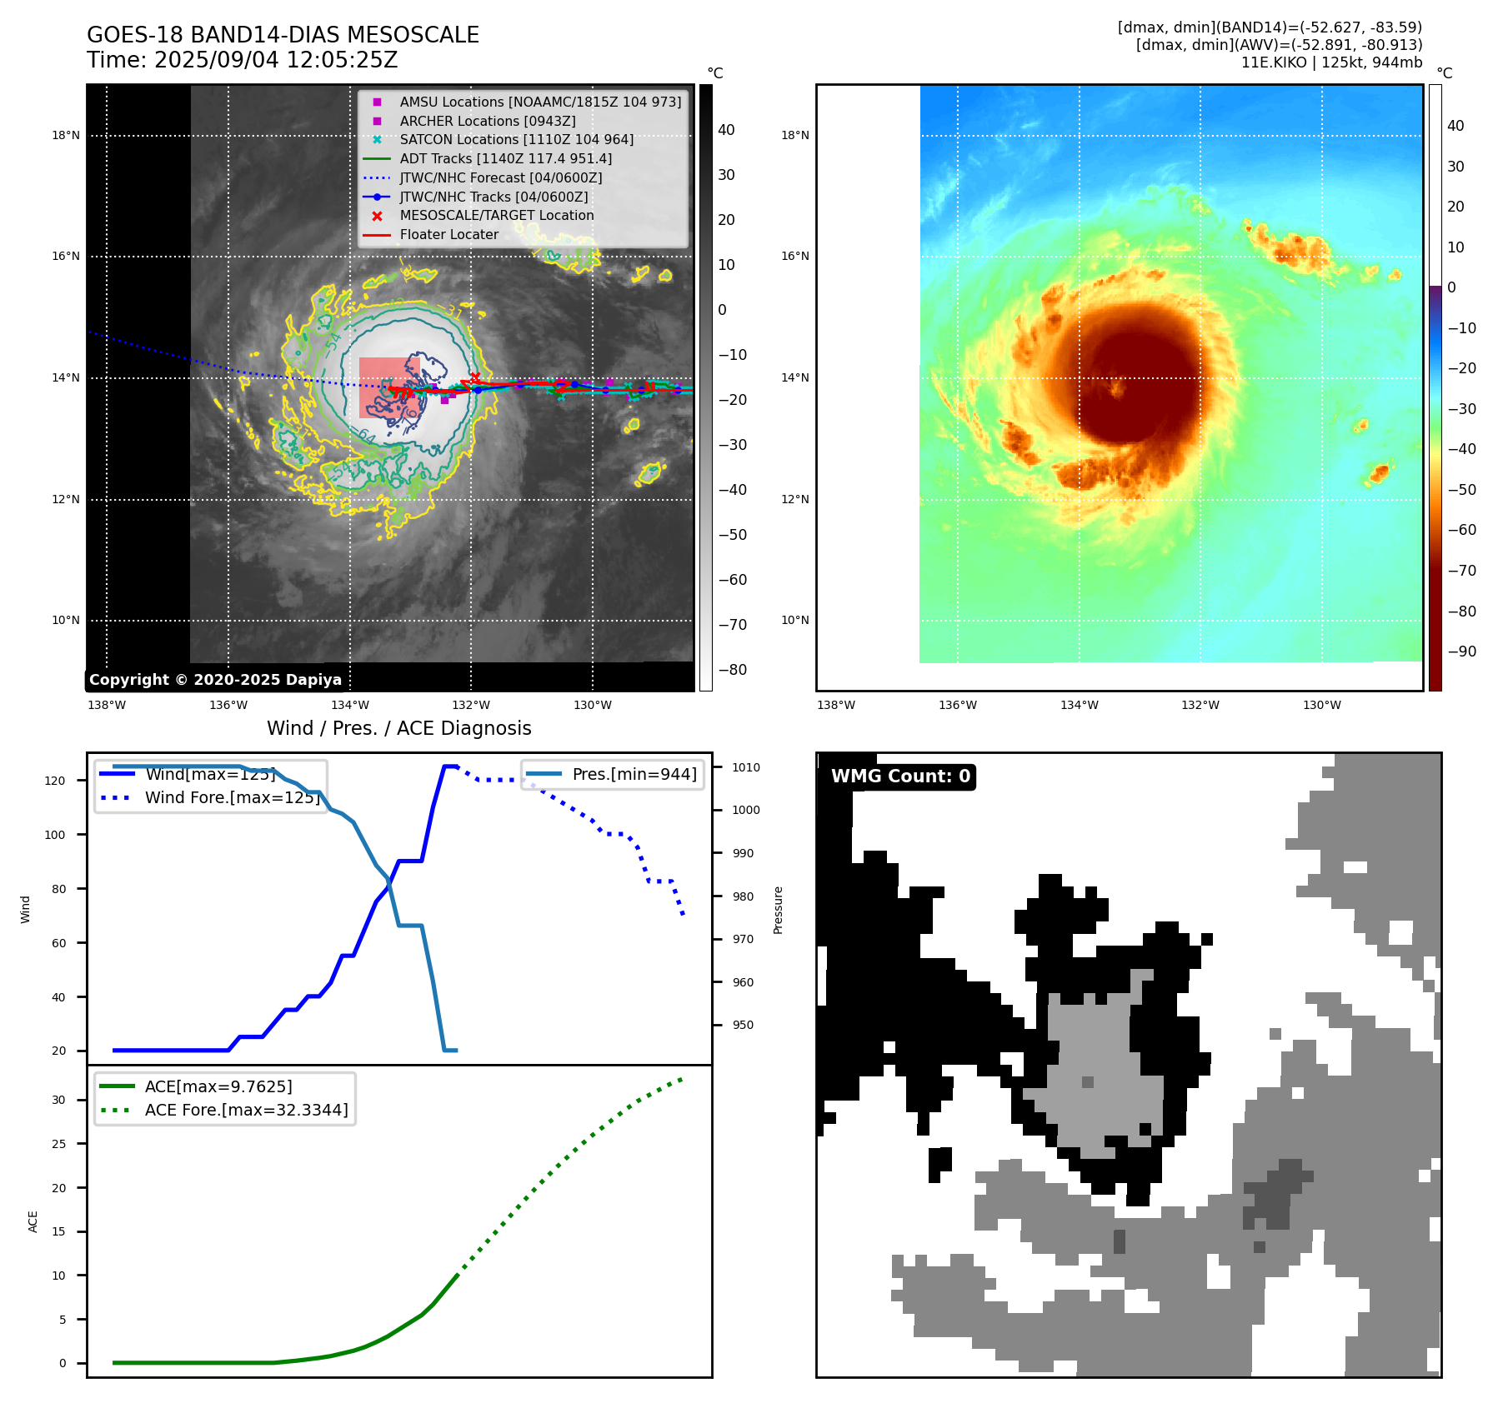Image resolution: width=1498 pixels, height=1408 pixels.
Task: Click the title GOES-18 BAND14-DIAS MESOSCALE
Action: (283, 35)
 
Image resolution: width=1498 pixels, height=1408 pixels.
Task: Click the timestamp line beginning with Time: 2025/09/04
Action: (242, 61)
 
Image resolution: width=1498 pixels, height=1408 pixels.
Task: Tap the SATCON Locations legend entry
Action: (516, 139)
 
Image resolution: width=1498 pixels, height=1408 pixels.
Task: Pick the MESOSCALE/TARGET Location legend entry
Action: (496, 215)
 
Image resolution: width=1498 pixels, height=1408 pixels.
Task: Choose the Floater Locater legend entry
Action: (448, 234)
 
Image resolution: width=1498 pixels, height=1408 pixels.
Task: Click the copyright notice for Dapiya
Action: (215, 680)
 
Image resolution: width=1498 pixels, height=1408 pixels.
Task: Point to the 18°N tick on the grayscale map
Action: (66, 135)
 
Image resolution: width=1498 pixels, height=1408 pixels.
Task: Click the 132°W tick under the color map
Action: (1200, 705)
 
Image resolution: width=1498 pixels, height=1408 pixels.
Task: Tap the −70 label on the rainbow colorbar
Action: (1461, 571)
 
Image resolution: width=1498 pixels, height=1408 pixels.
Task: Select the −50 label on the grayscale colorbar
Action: (732, 535)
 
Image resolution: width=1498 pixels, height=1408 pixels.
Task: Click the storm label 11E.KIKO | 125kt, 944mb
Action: (1331, 62)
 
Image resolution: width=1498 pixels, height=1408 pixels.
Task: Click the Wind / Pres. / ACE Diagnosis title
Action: (398, 728)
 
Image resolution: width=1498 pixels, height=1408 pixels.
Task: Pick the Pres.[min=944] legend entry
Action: (634, 774)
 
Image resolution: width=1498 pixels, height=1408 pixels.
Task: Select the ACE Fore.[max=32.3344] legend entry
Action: (246, 1110)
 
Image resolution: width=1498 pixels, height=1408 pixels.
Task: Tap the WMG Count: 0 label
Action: (900, 776)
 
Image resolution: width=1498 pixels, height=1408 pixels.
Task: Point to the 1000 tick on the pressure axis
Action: (745, 810)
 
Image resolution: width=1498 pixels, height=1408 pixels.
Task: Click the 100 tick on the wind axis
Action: (55, 835)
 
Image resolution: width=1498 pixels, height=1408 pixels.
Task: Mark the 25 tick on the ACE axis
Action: (58, 1144)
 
